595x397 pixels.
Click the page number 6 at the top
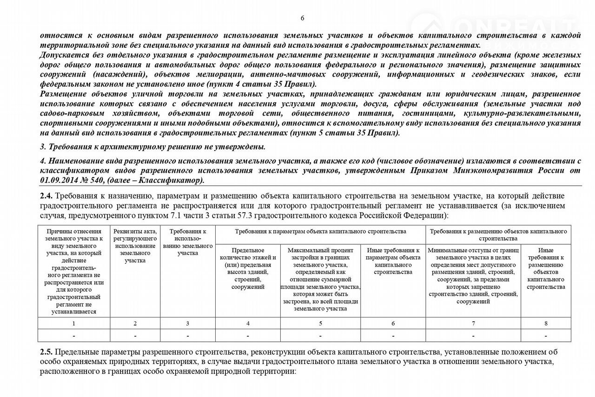pyautogui.click(x=303, y=18)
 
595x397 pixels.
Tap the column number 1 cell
pyautogui.click(x=74, y=323)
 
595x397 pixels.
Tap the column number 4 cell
pyautogui.click(x=248, y=323)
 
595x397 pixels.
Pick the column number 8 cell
pyautogui.click(x=546, y=323)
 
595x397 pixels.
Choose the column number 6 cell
pyautogui.click(x=393, y=323)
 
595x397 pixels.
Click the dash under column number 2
pyautogui.click(x=135, y=335)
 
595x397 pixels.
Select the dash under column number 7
pyautogui.click(x=473, y=335)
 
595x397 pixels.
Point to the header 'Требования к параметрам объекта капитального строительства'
pyautogui.click(x=320, y=231)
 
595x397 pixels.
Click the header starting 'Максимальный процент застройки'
pyautogui.click(x=320, y=279)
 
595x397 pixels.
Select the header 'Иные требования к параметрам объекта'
pyautogui.click(x=393, y=261)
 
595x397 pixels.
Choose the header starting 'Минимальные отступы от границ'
pyautogui.click(x=473, y=276)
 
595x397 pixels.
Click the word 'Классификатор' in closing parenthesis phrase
pyautogui.click(x=178, y=180)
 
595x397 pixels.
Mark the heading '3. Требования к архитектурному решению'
pyautogui.click(x=153, y=147)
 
